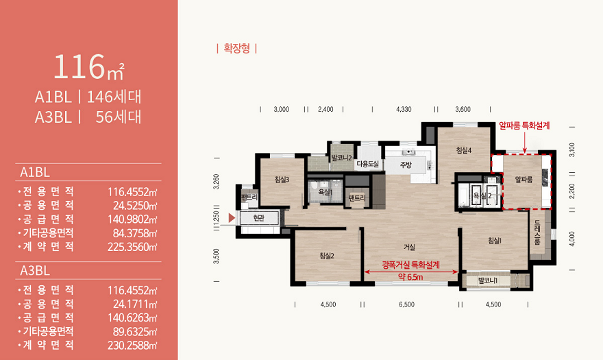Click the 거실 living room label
(x=409, y=247)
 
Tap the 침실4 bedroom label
(x=464, y=150)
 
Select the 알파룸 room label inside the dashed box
(x=524, y=180)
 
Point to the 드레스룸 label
(x=537, y=233)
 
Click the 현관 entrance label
(x=259, y=218)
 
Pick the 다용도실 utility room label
(x=368, y=165)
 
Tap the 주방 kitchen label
(x=406, y=165)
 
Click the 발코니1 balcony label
(x=488, y=280)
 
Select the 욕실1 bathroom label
(x=325, y=192)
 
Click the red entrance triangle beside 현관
(x=232, y=218)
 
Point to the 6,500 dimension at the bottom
(x=406, y=304)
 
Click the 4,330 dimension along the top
(x=404, y=109)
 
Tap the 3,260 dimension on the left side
(x=216, y=181)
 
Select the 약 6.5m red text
(x=410, y=277)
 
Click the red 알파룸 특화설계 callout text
(x=524, y=125)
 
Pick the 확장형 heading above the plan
(x=236, y=49)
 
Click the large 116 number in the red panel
(x=79, y=67)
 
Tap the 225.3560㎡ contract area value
(x=132, y=247)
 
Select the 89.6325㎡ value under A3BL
(x=135, y=331)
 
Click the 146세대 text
(x=114, y=97)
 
